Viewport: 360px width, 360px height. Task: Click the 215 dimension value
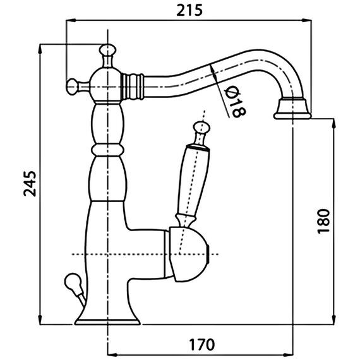click(189, 10)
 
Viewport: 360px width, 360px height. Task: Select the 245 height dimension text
click(30, 184)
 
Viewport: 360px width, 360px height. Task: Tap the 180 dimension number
click(323, 221)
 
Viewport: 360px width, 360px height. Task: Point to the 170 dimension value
click(201, 344)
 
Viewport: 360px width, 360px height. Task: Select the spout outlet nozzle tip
click(292, 109)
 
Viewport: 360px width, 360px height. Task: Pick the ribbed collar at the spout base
click(132, 87)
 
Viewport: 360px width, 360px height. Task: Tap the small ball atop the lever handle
click(201, 128)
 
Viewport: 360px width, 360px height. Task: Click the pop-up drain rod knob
click(72, 280)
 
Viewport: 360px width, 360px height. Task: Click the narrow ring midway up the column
click(107, 150)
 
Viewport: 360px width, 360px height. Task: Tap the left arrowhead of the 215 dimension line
click(71, 20)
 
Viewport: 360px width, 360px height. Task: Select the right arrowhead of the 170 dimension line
click(289, 355)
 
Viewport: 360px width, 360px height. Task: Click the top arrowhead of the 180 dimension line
click(334, 123)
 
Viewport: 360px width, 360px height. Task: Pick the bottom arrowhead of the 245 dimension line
click(40, 320)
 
